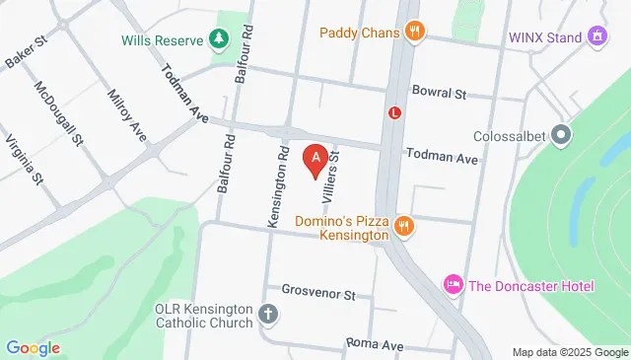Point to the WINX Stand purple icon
(x=596, y=37)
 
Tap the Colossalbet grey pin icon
(x=562, y=134)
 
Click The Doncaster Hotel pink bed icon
(x=453, y=285)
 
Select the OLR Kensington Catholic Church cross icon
(x=267, y=316)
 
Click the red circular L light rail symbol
(x=395, y=112)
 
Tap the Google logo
(x=33, y=348)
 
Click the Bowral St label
(x=439, y=95)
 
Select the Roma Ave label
(x=375, y=345)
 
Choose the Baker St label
(x=27, y=55)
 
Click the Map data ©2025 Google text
(x=570, y=352)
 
